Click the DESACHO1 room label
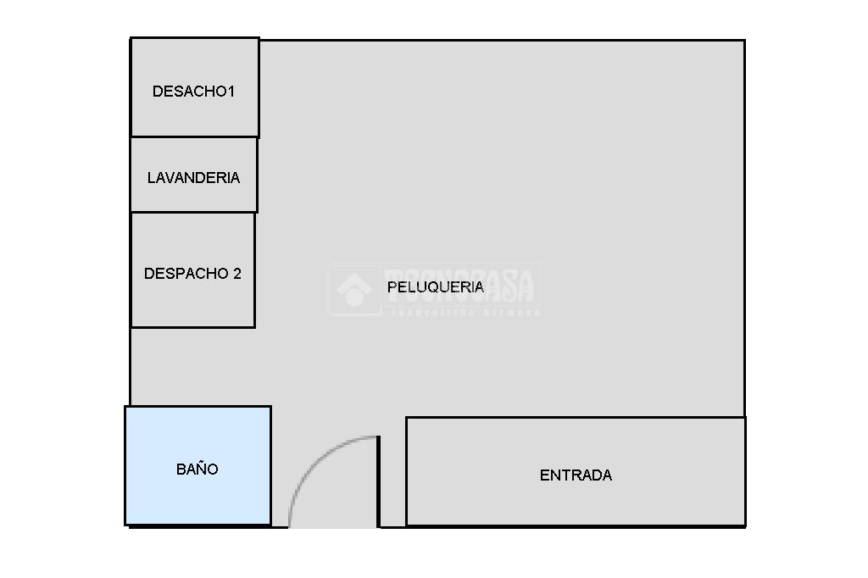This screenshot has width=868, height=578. [x=192, y=92]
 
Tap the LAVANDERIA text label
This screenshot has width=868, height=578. [x=193, y=178]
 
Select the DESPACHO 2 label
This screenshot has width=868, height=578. [x=192, y=274]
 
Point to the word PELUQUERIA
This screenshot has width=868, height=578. [x=435, y=287]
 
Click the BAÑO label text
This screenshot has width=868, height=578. [x=198, y=469]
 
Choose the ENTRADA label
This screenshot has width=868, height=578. [x=576, y=475]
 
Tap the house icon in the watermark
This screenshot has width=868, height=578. [x=354, y=289]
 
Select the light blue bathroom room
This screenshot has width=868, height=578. [x=198, y=500]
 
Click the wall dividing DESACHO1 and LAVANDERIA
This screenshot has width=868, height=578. [x=193, y=136]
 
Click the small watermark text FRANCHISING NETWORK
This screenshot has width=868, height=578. [x=464, y=313]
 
